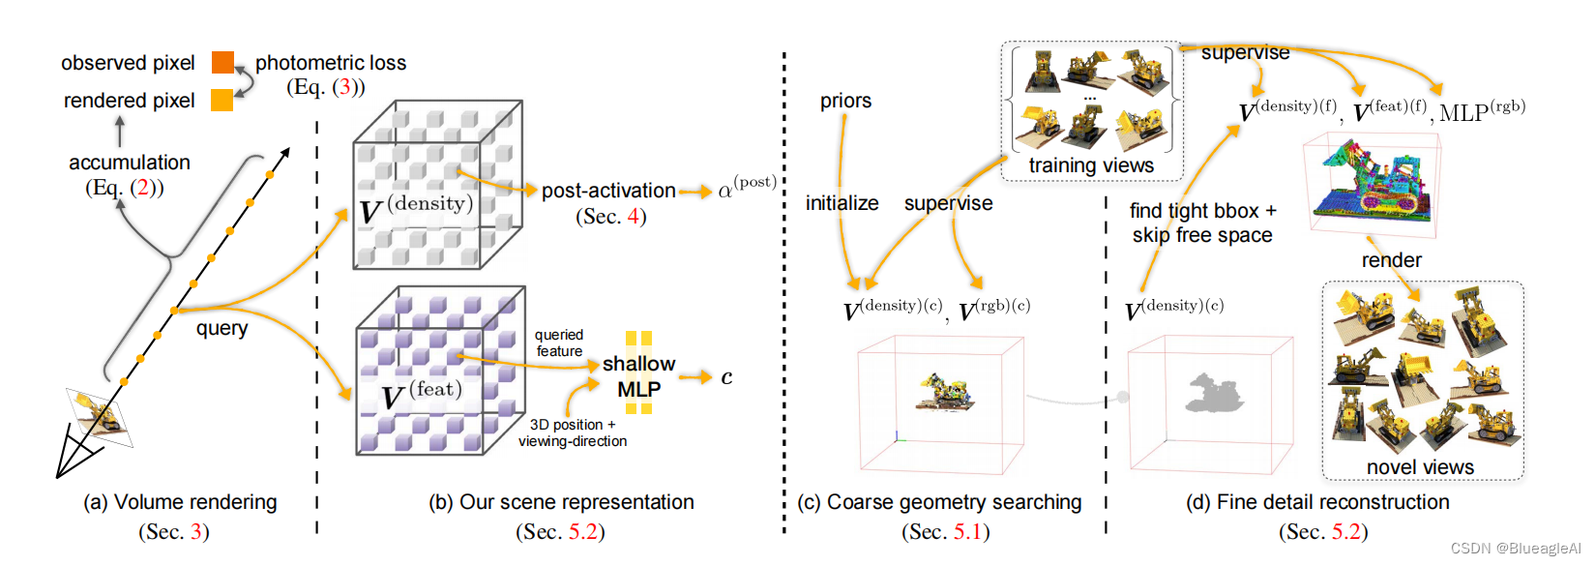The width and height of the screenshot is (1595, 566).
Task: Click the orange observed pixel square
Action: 222,63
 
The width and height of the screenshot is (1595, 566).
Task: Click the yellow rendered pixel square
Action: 222,101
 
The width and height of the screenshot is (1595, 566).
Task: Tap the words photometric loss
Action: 330,63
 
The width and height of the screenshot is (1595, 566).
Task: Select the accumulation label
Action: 130,163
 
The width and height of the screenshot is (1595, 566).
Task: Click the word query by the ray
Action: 222,328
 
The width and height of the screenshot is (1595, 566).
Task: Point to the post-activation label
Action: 608,191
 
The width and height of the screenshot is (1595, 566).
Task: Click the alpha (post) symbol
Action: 746,188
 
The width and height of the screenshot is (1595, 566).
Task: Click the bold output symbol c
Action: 726,377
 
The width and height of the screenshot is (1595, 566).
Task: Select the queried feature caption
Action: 559,343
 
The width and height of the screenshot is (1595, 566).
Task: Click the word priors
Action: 845,101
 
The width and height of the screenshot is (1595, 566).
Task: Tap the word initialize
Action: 842,203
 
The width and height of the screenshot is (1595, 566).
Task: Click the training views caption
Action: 1091,165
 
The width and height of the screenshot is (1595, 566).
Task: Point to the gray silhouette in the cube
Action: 1211,393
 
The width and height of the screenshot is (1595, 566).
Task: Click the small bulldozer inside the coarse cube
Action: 945,391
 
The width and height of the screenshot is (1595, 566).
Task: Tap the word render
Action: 1391,260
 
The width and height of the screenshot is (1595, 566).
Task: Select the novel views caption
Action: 1420,467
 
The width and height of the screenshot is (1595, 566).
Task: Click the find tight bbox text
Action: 1202,211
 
